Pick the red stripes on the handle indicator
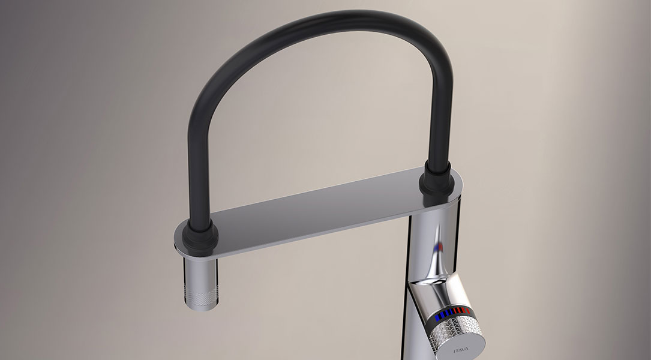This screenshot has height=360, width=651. pyautogui.click(x=463, y=310)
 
